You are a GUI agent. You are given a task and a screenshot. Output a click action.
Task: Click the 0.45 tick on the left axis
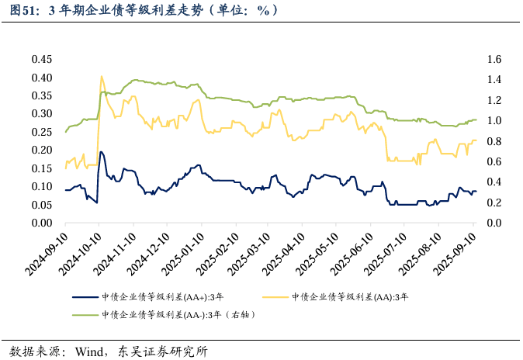click(x=41, y=60)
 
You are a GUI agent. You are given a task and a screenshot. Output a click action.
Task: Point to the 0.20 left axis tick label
click(x=41, y=151)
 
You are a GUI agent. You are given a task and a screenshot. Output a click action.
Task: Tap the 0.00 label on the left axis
click(x=41, y=223)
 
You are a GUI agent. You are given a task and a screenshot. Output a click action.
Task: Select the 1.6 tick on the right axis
click(x=494, y=60)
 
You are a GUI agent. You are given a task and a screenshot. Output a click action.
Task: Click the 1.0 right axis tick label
click(x=494, y=121)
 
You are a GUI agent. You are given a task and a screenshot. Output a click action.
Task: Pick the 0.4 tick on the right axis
click(x=494, y=182)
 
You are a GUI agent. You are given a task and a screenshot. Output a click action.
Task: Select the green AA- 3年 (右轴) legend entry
click(x=178, y=315)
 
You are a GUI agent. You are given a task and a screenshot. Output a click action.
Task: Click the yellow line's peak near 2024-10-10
click(x=102, y=76)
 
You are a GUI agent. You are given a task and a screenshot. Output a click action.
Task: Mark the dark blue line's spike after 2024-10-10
click(x=101, y=152)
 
